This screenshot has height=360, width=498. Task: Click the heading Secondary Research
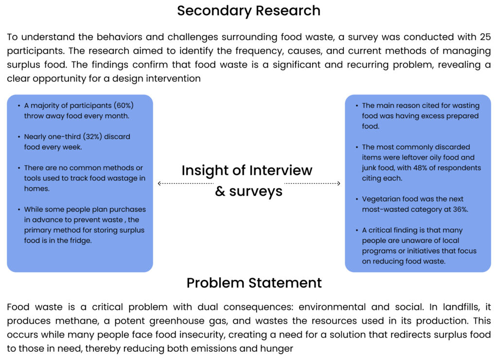tap(249, 11)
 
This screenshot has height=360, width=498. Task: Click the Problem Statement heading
tap(254, 283)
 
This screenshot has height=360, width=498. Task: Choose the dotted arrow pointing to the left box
tap(185, 183)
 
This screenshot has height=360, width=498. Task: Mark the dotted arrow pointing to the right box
tap(312, 183)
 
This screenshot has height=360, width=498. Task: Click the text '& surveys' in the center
tap(249, 191)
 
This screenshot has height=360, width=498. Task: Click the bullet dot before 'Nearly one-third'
tap(18, 137)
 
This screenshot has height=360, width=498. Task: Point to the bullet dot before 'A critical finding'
tap(356, 230)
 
